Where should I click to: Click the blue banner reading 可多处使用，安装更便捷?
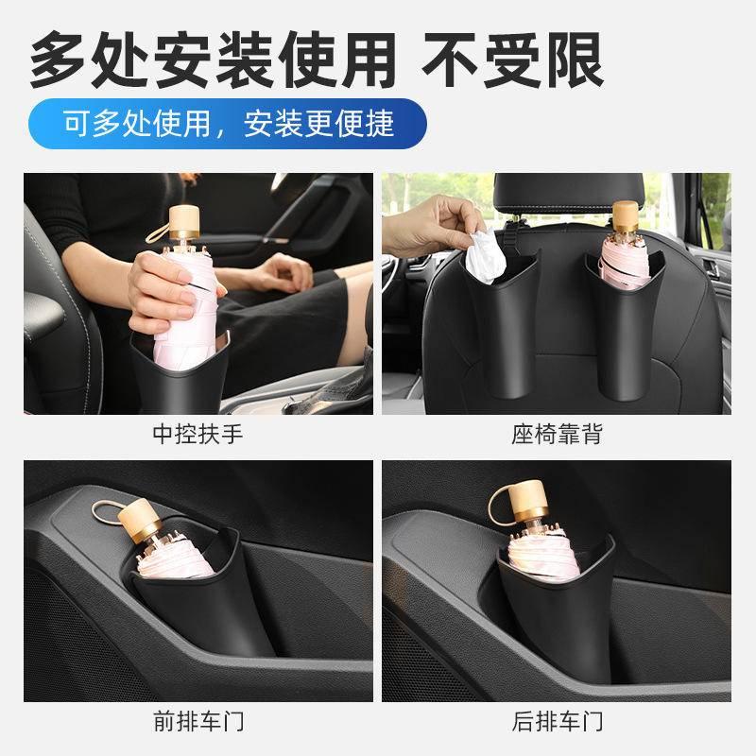[228, 122]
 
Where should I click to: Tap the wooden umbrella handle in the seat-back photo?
[624, 215]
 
